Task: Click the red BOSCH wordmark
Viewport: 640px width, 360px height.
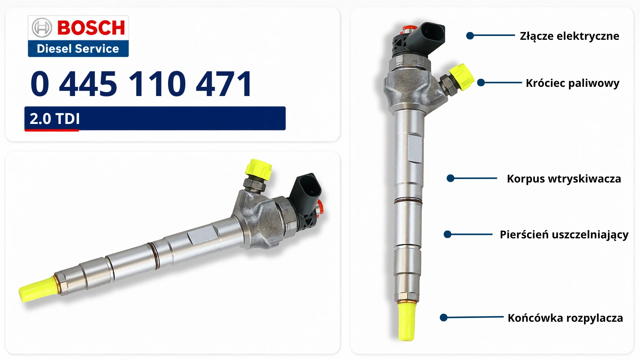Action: pyautogui.click(x=91, y=28)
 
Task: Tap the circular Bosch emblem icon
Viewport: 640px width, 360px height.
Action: pyautogui.click(x=42, y=28)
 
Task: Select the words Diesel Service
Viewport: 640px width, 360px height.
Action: pyautogui.click(x=78, y=49)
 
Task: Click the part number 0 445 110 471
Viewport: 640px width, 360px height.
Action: pyautogui.click(x=141, y=84)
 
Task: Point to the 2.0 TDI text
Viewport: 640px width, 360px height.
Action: pyautogui.click(x=55, y=119)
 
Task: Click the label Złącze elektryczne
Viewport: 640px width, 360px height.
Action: pyautogui.click(x=570, y=36)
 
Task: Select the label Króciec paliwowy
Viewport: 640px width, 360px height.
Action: pyautogui.click(x=573, y=83)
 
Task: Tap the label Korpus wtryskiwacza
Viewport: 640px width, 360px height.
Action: pyautogui.click(x=564, y=179)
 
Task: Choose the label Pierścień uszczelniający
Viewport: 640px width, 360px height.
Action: pyautogui.click(x=564, y=235)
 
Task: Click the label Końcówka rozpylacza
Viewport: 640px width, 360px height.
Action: pyautogui.click(x=565, y=318)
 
